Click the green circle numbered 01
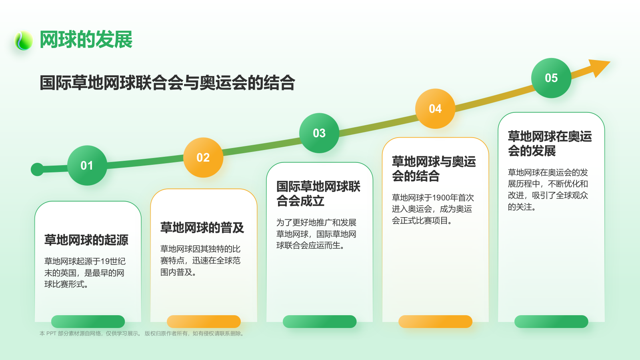pyautogui.click(x=87, y=165)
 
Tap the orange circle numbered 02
pyautogui.click(x=203, y=158)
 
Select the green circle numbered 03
pyautogui.click(x=319, y=133)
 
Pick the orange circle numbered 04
pyautogui.click(x=435, y=109)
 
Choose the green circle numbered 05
pyautogui.click(x=551, y=78)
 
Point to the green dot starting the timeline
pyautogui.click(x=37, y=170)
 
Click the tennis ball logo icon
pyautogui.click(x=24, y=40)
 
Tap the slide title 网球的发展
pyautogui.click(x=86, y=40)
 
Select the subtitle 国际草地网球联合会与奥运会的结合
pyautogui.click(x=167, y=83)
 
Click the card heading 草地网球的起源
pyautogui.click(x=86, y=240)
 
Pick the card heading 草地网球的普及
pyautogui.click(x=202, y=228)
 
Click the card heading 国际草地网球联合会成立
pyautogui.click(x=318, y=194)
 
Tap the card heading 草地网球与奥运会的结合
pyautogui.click(x=434, y=169)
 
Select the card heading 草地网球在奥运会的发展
pyautogui.click(x=550, y=144)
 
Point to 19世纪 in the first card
pyautogui.click(x=113, y=262)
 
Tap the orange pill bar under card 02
pyautogui.click(x=204, y=322)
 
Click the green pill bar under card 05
pyautogui.click(x=551, y=322)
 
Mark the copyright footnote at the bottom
pyautogui.click(x=142, y=333)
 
